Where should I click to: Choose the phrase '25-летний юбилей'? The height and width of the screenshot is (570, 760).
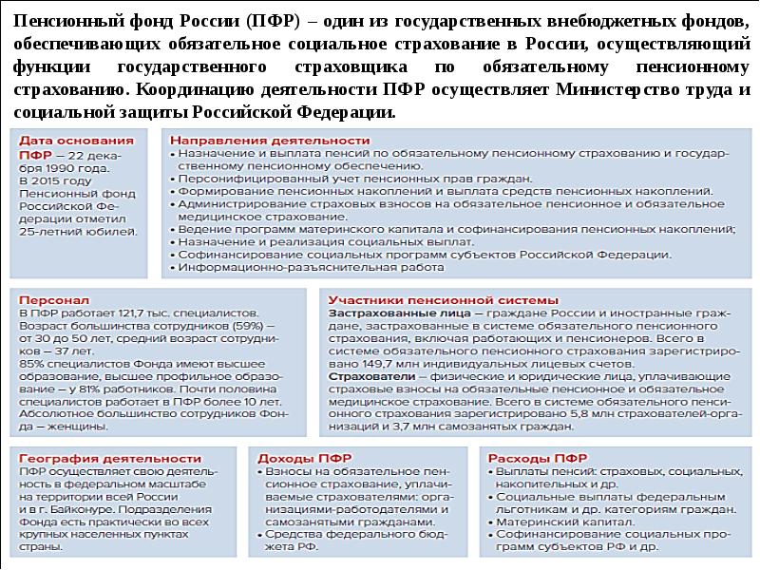[x=79, y=231]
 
